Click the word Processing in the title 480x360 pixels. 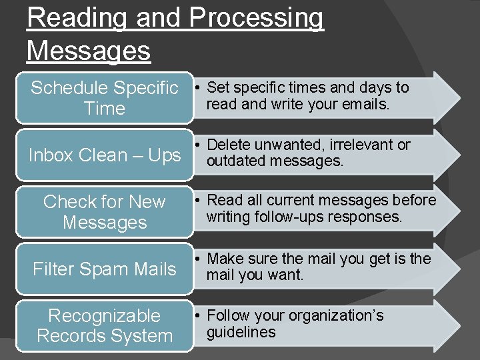pyautogui.click(x=256, y=18)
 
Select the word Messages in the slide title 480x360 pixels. pyautogui.click(x=89, y=50)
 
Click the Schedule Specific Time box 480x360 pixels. pyautogui.click(x=105, y=98)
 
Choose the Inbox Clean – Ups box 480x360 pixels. pyautogui.click(x=105, y=155)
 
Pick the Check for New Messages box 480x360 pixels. pyautogui.click(x=105, y=212)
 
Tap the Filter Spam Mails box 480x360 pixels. pyautogui.click(x=105, y=269)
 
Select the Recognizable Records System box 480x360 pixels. pyautogui.click(x=105, y=325)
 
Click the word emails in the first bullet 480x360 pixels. pyautogui.click(x=367, y=104)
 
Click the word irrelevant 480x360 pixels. pyautogui.click(x=360, y=145)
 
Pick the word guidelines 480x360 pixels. pyautogui.click(x=241, y=332)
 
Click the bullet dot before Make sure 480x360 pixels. pyautogui.click(x=199, y=259)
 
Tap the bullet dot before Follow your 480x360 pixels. pyautogui.click(x=199, y=316)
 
